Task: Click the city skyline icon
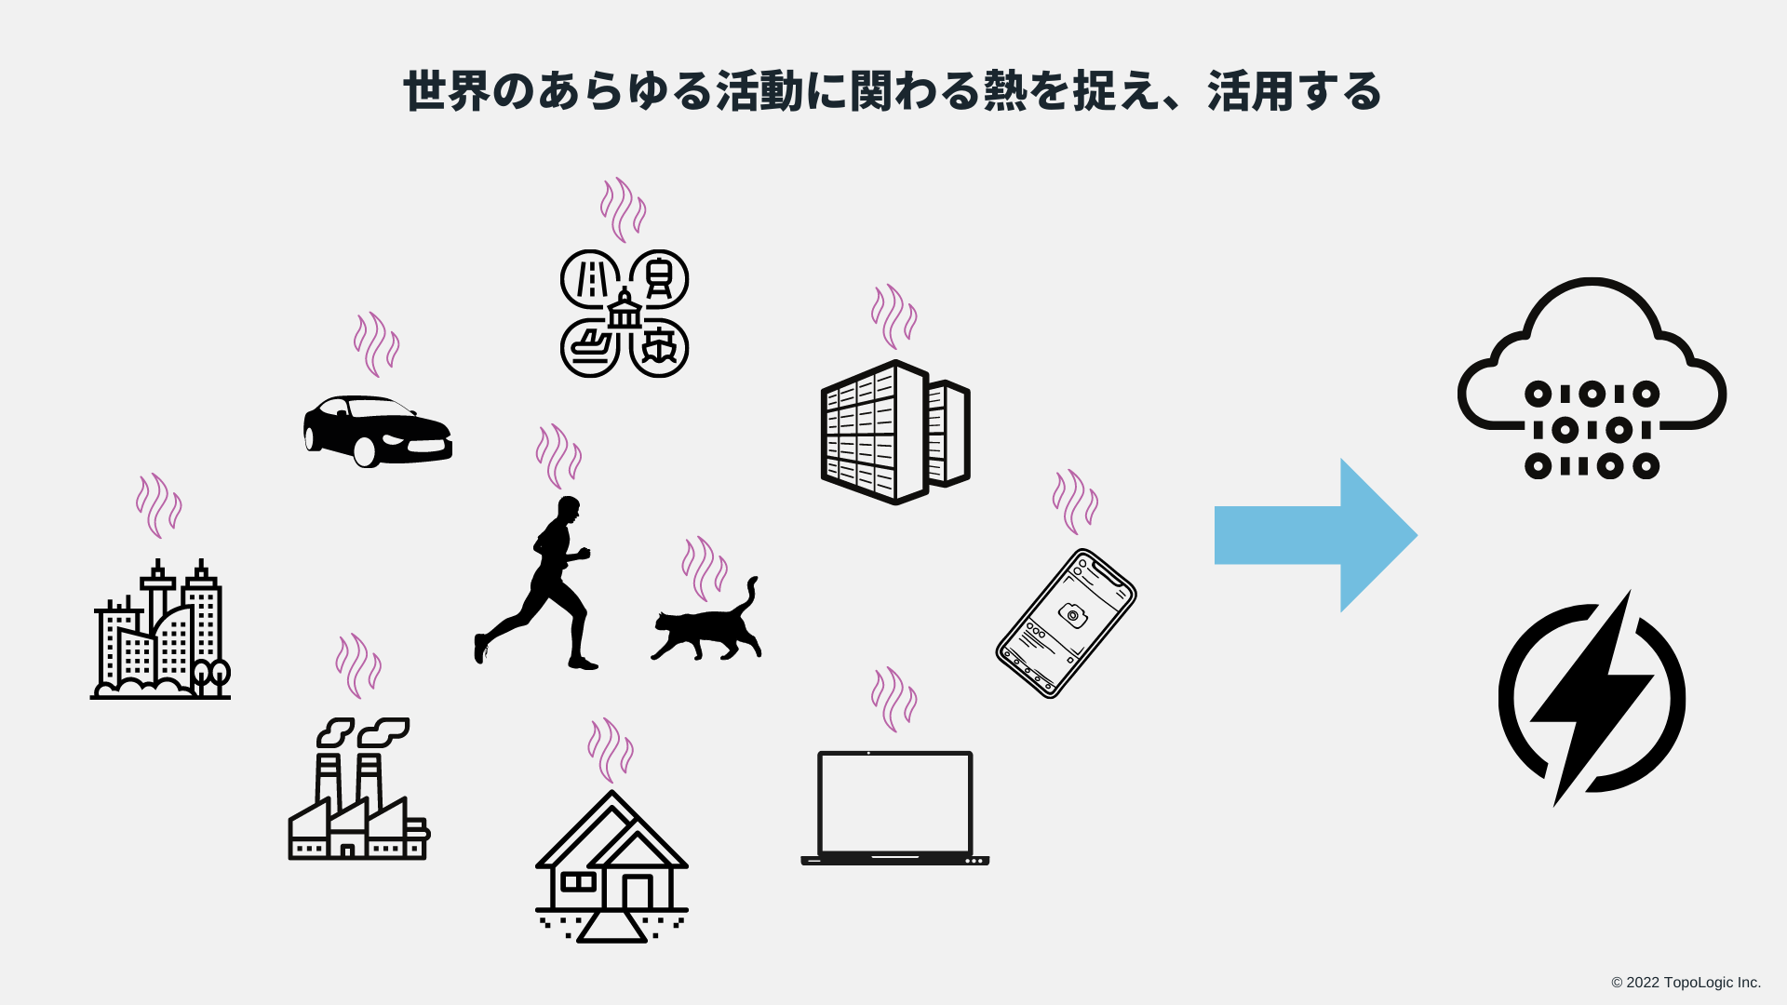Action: coord(160,633)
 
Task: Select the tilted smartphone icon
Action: coord(1066,623)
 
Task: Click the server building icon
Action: coord(894,433)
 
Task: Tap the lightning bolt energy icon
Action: coord(1592,698)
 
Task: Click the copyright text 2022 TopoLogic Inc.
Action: coord(1686,983)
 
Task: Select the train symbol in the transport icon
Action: coord(659,278)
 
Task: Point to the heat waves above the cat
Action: coord(705,568)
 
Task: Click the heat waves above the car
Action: coord(376,343)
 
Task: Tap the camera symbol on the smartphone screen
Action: coord(1073,615)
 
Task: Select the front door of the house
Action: coord(638,892)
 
